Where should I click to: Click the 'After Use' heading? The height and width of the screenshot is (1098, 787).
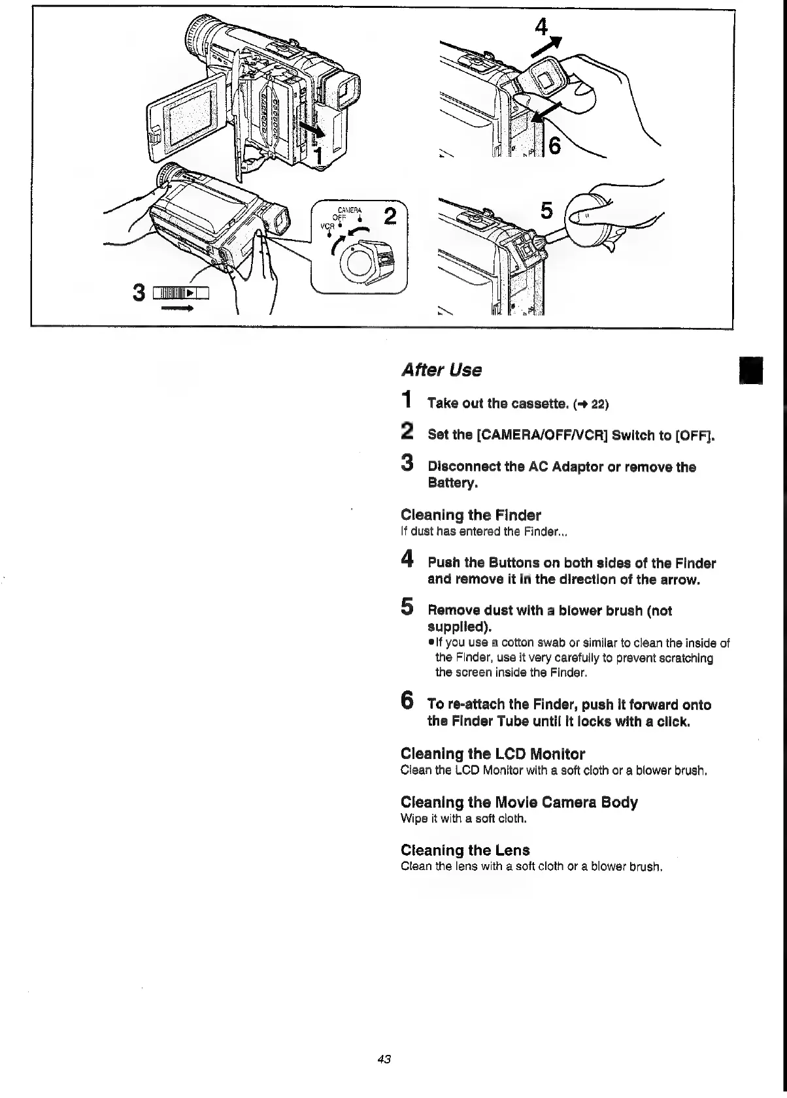click(x=441, y=370)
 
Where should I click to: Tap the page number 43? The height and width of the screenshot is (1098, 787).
click(x=384, y=1059)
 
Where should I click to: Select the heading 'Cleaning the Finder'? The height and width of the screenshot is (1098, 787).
click(x=470, y=515)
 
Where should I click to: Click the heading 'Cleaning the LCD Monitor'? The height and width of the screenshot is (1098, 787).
click(x=492, y=754)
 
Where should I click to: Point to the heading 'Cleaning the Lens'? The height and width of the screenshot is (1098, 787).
click(x=465, y=850)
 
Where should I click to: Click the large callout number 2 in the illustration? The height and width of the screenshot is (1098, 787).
click(x=390, y=216)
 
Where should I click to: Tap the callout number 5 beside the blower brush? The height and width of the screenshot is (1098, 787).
click(x=547, y=210)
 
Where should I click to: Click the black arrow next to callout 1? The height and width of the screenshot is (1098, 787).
click(x=312, y=129)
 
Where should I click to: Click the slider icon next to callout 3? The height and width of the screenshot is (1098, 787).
click(x=180, y=294)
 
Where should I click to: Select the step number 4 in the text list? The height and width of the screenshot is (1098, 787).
click(x=407, y=559)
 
